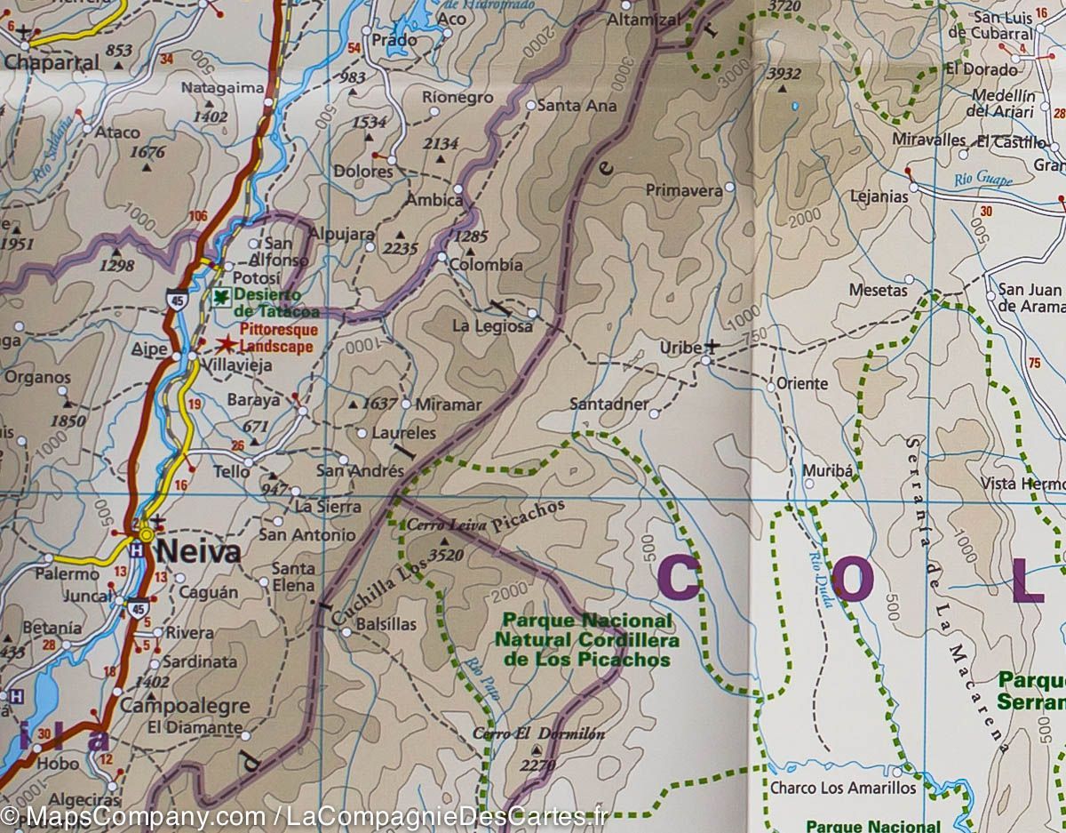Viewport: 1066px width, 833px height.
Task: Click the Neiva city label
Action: point(198,552)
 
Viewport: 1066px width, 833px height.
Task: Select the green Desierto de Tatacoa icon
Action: point(220,296)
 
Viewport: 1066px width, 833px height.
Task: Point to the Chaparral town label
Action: point(52,63)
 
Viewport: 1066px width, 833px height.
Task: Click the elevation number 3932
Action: point(784,74)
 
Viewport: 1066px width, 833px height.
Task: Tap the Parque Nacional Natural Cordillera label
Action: point(586,640)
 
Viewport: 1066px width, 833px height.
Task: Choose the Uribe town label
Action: point(680,348)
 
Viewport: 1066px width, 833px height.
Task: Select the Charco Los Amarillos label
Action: point(842,788)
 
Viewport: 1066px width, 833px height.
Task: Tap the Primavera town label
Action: point(683,190)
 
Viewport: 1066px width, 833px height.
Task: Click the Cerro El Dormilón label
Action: point(538,734)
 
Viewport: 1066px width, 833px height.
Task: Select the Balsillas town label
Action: point(386,624)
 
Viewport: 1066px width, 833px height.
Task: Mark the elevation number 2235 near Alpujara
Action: point(400,249)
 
